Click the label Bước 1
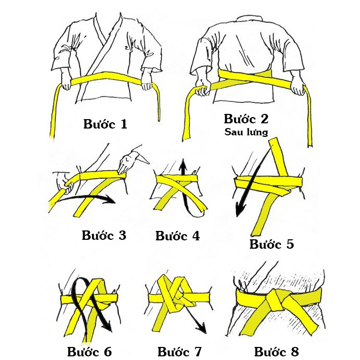coord(105,124)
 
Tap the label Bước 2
coord(246,119)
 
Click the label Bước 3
coord(104,235)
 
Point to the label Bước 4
coord(178,236)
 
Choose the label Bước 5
coord(271,243)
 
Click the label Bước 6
coord(89,351)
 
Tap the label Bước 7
coord(179,351)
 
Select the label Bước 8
coord(276,351)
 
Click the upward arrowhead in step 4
coord(182,166)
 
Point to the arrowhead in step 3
coord(110,199)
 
